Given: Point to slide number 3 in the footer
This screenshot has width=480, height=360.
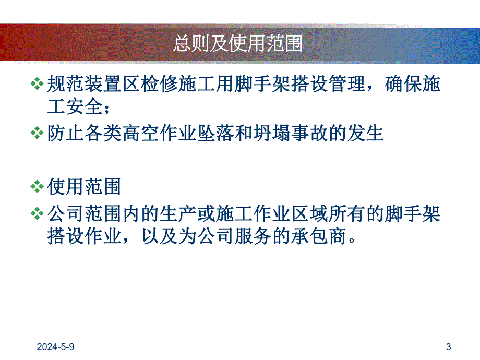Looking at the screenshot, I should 449,346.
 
